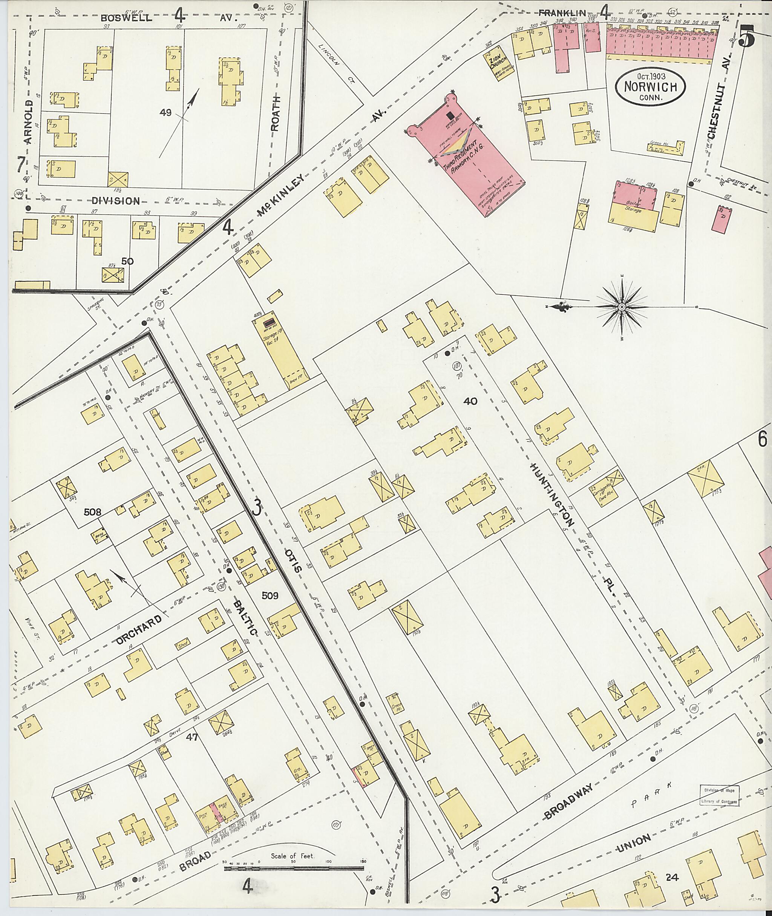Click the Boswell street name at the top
coord(127,18)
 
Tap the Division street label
coord(116,201)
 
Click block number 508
coord(92,512)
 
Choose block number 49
coord(165,112)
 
